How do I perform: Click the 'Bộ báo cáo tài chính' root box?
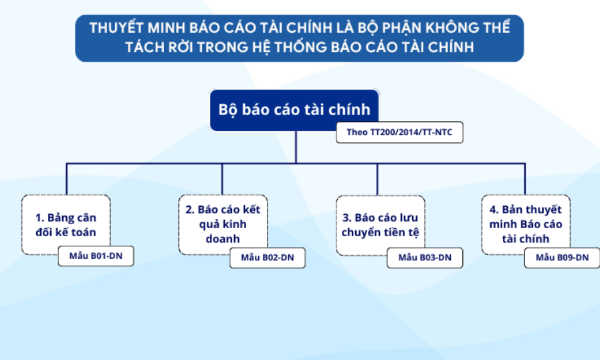coord(294,110)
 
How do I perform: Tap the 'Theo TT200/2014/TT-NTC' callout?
coord(399,132)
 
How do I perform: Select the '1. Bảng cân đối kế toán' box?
coord(66,225)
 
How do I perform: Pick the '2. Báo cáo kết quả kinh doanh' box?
coord(223,224)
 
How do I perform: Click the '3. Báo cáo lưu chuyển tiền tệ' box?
coord(381,226)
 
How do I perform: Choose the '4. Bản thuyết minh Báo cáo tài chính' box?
coord(526,224)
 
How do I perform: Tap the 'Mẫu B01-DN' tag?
coord(96,256)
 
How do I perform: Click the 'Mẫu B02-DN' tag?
coord(268,258)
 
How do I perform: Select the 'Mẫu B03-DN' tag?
coord(425,258)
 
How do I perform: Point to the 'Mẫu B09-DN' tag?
coord(562,258)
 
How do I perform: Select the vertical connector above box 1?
coord(67,179)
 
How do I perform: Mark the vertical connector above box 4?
coord(524,179)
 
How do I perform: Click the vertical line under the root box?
coord(296,147)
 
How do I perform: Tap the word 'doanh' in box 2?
coord(223,239)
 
